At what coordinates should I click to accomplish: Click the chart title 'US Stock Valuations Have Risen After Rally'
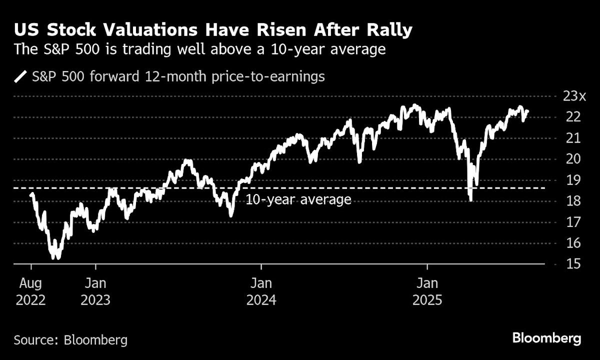pyautogui.click(x=213, y=30)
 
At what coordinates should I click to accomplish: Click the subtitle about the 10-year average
pyautogui.click(x=199, y=50)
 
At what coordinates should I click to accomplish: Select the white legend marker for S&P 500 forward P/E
pyautogui.click(x=21, y=77)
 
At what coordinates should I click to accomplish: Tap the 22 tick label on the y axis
pyautogui.click(x=566, y=117)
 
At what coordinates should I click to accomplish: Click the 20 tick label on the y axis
pyautogui.click(x=566, y=159)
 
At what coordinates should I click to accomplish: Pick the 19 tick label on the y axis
pyautogui.click(x=566, y=180)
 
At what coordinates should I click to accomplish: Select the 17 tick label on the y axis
pyautogui.click(x=566, y=221)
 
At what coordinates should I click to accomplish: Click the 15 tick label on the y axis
pyautogui.click(x=566, y=263)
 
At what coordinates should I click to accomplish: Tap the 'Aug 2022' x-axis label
pyautogui.click(x=30, y=291)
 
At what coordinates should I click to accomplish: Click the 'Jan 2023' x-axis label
pyautogui.click(x=95, y=291)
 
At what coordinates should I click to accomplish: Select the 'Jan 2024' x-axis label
pyautogui.click(x=261, y=291)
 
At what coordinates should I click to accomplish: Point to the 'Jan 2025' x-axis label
pyautogui.click(x=427, y=291)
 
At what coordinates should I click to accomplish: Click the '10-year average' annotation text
pyautogui.click(x=298, y=200)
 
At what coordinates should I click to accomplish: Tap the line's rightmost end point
pyautogui.click(x=528, y=111)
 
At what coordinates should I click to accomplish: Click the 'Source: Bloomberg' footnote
pyautogui.click(x=70, y=340)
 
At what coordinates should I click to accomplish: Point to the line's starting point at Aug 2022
pyautogui.click(x=31, y=194)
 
